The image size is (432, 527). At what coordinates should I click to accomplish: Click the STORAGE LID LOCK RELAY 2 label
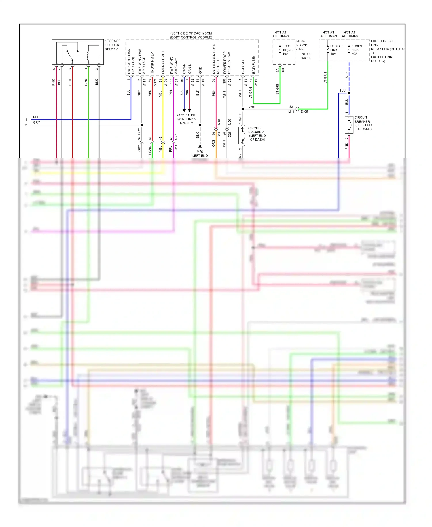coord(112,45)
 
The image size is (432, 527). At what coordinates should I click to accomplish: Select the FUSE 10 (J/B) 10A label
coord(288,50)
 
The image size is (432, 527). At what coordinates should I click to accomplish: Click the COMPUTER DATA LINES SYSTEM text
coord(186,119)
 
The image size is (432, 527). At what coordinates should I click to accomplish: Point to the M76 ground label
coord(200,152)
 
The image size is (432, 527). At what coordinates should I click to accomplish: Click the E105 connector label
coord(304,112)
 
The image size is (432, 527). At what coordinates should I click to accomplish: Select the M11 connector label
coord(291,112)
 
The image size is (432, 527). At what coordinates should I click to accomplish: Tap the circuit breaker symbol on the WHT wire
coord(243,135)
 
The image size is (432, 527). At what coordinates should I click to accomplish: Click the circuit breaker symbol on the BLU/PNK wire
coord(349,125)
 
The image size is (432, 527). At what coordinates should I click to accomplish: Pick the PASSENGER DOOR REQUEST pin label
coord(216,59)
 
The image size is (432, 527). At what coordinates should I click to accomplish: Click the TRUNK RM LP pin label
coord(152,63)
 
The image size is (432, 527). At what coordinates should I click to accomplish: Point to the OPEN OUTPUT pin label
coord(163,62)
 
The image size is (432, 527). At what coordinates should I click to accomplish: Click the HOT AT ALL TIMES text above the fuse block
coord(281,34)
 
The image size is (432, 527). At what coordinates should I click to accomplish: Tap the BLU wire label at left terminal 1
coord(36,117)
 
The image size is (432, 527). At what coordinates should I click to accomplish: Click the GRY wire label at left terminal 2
coord(36,123)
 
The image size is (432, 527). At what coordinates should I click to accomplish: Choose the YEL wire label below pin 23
coord(160,93)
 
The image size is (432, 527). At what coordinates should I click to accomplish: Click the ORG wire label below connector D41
coord(213,143)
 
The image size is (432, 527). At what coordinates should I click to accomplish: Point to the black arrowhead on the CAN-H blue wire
coord(184,110)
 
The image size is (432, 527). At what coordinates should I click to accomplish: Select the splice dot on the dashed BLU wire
coord(349,93)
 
